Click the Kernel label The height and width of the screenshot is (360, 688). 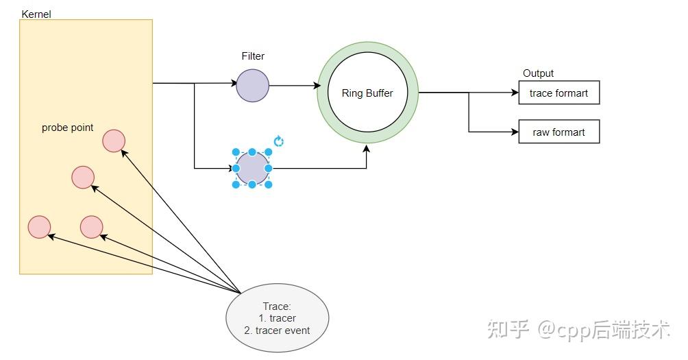(x=36, y=14)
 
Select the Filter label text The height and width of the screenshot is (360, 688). (x=253, y=56)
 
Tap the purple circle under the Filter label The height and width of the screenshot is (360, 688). (x=253, y=86)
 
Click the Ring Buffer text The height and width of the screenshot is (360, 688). (x=367, y=93)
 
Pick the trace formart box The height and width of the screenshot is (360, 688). (x=558, y=93)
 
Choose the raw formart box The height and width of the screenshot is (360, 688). (x=558, y=132)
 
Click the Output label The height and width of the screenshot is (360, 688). (x=538, y=73)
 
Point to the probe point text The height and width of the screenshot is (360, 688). (x=68, y=128)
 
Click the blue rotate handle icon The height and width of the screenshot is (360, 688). (x=279, y=141)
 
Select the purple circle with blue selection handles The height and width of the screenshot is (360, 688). (x=252, y=168)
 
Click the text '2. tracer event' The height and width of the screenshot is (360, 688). (x=277, y=331)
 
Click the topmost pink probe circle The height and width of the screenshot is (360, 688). (x=114, y=141)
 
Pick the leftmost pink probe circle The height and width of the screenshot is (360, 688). (x=39, y=226)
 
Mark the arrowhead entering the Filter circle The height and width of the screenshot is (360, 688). (x=233, y=84)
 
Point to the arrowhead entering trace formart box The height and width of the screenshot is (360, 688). (x=516, y=93)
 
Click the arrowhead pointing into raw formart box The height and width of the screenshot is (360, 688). (x=516, y=132)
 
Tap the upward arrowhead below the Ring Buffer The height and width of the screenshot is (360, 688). (x=367, y=147)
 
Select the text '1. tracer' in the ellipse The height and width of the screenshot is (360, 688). (x=277, y=318)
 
